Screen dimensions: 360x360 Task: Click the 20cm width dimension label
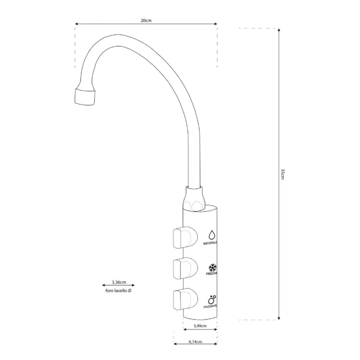pos(146,20)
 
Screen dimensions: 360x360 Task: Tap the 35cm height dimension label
pos(283,173)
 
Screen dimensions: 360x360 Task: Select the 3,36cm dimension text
pos(119,281)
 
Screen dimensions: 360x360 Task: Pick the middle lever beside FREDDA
pos(183,267)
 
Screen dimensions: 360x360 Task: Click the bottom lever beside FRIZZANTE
pos(183,298)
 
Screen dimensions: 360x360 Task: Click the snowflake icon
pos(212,266)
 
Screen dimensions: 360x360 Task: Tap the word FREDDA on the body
pos(212,274)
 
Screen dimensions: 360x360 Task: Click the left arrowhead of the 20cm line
pos(77,25)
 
